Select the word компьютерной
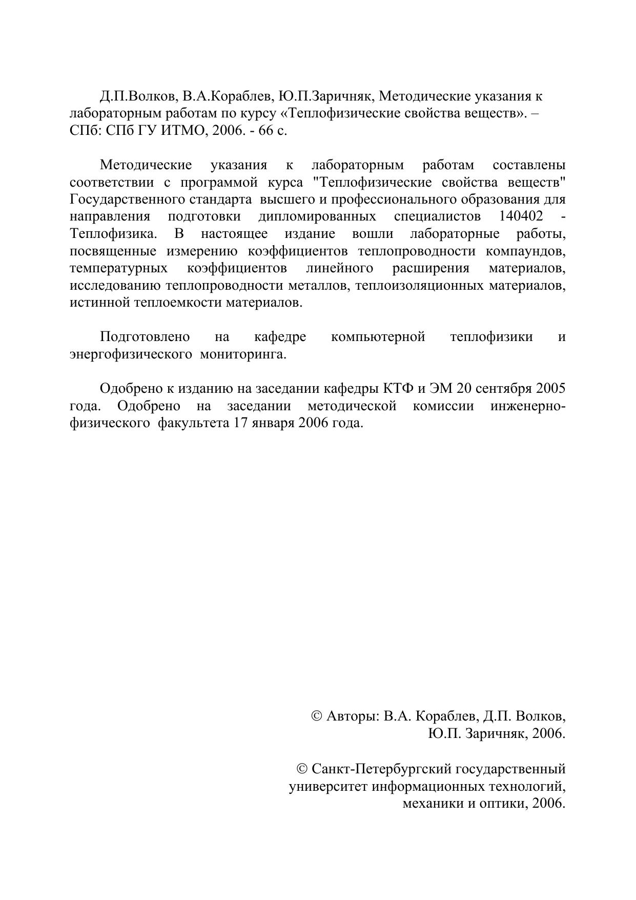(x=378, y=337)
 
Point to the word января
(x=270, y=423)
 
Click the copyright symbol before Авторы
(x=317, y=716)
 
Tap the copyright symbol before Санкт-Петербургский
(x=302, y=769)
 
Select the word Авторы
(x=353, y=716)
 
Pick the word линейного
(x=339, y=268)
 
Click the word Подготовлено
(x=145, y=337)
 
